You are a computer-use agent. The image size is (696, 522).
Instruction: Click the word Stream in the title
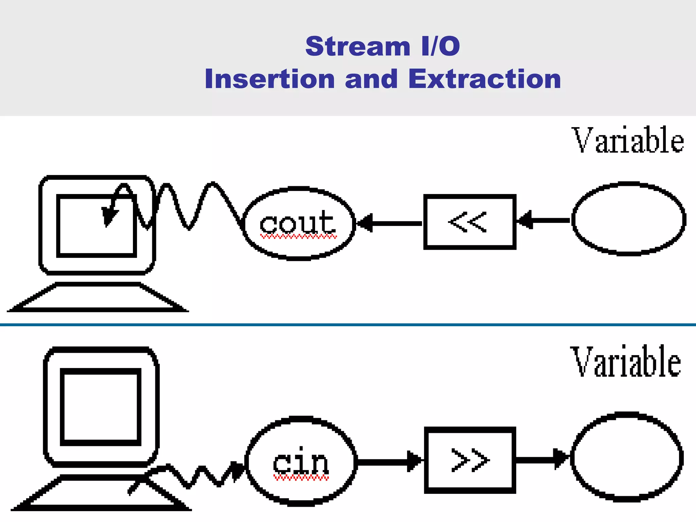click(x=358, y=46)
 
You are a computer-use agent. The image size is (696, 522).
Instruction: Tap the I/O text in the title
click(x=440, y=46)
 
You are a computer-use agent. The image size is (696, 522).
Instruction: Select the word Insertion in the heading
click(x=270, y=79)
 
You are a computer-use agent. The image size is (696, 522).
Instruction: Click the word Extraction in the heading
click(x=484, y=79)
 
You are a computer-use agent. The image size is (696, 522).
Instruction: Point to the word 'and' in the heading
click(x=371, y=79)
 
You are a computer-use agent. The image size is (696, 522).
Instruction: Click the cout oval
click(x=299, y=223)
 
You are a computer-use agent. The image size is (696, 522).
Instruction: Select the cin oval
click(x=301, y=461)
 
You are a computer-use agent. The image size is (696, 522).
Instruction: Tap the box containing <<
click(x=470, y=222)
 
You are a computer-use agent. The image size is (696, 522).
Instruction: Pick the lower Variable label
click(x=625, y=362)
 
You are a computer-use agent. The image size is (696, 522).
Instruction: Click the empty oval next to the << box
click(x=628, y=219)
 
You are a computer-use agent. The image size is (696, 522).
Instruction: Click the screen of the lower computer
click(x=101, y=407)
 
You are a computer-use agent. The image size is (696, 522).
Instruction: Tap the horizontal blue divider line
click(x=348, y=325)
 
